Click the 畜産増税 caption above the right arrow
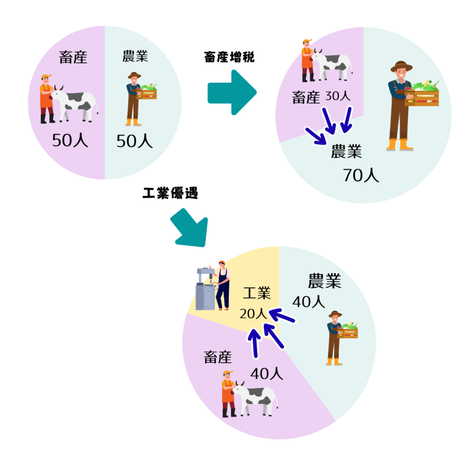pyautogui.click(x=229, y=57)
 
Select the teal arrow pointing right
pyautogui.click(x=232, y=92)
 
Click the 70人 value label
pyautogui.click(x=361, y=175)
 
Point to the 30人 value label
pyautogui.click(x=337, y=96)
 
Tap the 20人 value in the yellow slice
pyautogui.click(x=254, y=314)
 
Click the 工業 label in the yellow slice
pyautogui.click(x=257, y=294)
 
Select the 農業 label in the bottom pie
pyautogui.click(x=324, y=281)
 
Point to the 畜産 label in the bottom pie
pyautogui.click(x=217, y=357)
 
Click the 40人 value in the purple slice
pyautogui.click(x=267, y=374)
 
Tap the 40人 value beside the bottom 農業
pyautogui.click(x=309, y=302)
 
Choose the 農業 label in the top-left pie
pyautogui.click(x=135, y=56)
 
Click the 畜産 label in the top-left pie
pyautogui.click(x=73, y=57)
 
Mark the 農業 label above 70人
pyautogui.click(x=346, y=152)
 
